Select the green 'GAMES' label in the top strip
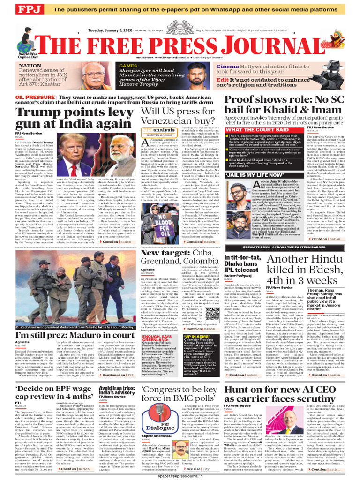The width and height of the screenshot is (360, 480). click(x=128, y=66)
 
